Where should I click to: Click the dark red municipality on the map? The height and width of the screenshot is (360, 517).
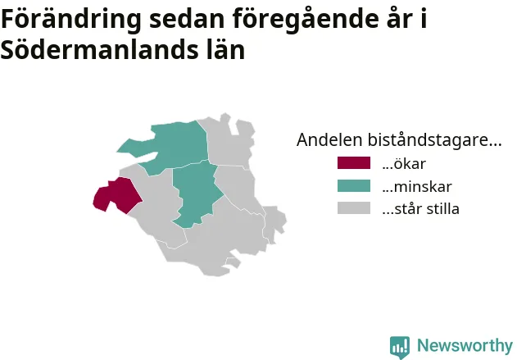[x=119, y=195]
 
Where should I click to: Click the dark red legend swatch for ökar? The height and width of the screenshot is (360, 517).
[x=354, y=163]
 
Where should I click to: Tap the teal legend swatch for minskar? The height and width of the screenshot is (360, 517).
[x=354, y=186]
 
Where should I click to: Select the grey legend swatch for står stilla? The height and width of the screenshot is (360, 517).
[x=354, y=208]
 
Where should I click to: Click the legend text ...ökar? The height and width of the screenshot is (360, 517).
[x=404, y=163]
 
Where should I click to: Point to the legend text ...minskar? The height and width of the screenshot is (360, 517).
[x=417, y=186]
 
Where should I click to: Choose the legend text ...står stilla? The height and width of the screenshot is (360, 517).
[x=420, y=209]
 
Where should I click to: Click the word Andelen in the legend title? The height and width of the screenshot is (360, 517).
[x=329, y=139]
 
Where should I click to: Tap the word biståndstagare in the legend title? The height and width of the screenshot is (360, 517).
[x=434, y=140]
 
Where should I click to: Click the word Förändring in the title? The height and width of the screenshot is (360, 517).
[x=71, y=20]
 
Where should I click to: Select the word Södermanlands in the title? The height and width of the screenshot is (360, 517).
[x=100, y=50]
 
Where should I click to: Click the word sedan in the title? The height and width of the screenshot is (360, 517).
[x=187, y=19]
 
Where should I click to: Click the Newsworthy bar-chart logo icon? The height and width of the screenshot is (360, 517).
[x=400, y=347]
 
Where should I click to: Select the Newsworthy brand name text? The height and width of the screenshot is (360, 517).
[x=465, y=345]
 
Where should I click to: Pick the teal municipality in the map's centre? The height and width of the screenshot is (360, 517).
[x=196, y=194]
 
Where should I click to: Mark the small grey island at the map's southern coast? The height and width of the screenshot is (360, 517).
[x=234, y=263]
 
